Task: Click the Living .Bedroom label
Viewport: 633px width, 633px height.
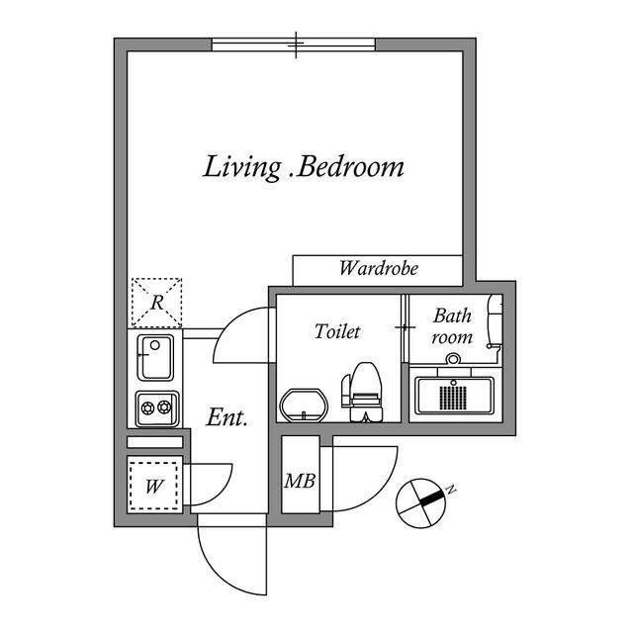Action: [x=304, y=167]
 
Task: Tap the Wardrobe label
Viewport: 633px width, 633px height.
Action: [x=378, y=268]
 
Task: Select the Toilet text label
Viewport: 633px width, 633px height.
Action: [x=337, y=331]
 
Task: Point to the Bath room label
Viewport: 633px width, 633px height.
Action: [x=452, y=326]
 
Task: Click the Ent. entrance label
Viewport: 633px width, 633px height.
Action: [x=226, y=417]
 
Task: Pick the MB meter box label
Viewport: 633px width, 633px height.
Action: [x=300, y=481]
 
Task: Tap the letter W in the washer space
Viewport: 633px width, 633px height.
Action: [x=154, y=487]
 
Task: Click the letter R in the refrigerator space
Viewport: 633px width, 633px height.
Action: [x=157, y=303]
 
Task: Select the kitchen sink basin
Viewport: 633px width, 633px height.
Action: [x=155, y=358]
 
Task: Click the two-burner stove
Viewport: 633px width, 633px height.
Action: [x=157, y=408]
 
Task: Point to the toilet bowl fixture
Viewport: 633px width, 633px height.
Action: [x=362, y=392]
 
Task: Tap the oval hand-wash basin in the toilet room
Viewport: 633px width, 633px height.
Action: [x=304, y=405]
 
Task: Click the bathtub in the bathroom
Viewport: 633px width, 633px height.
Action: [x=455, y=395]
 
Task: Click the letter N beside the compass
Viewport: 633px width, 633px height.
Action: [x=451, y=490]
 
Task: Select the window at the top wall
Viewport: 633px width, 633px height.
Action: [x=294, y=45]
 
